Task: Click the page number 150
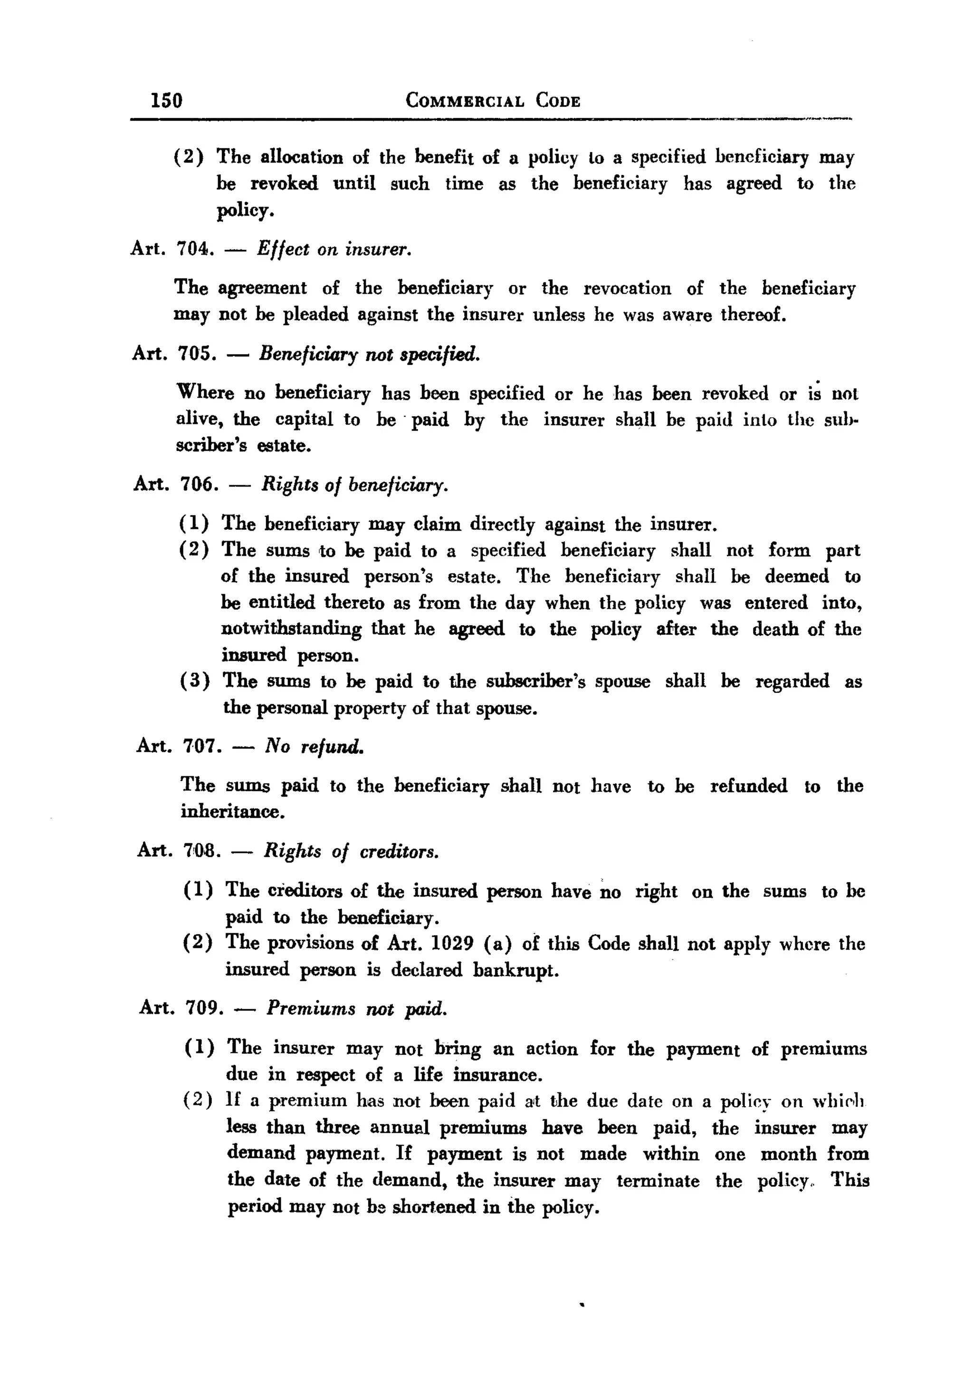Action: (166, 99)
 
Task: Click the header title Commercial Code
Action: (493, 100)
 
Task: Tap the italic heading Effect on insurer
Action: (334, 249)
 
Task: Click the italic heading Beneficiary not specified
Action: (369, 354)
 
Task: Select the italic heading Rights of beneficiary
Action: (354, 486)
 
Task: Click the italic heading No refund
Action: (315, 747)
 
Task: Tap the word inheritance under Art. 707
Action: (232, 812)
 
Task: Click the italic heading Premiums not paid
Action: (356, 1008)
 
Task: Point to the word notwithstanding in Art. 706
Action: (291, 629)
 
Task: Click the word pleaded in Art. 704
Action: (315, 315)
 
